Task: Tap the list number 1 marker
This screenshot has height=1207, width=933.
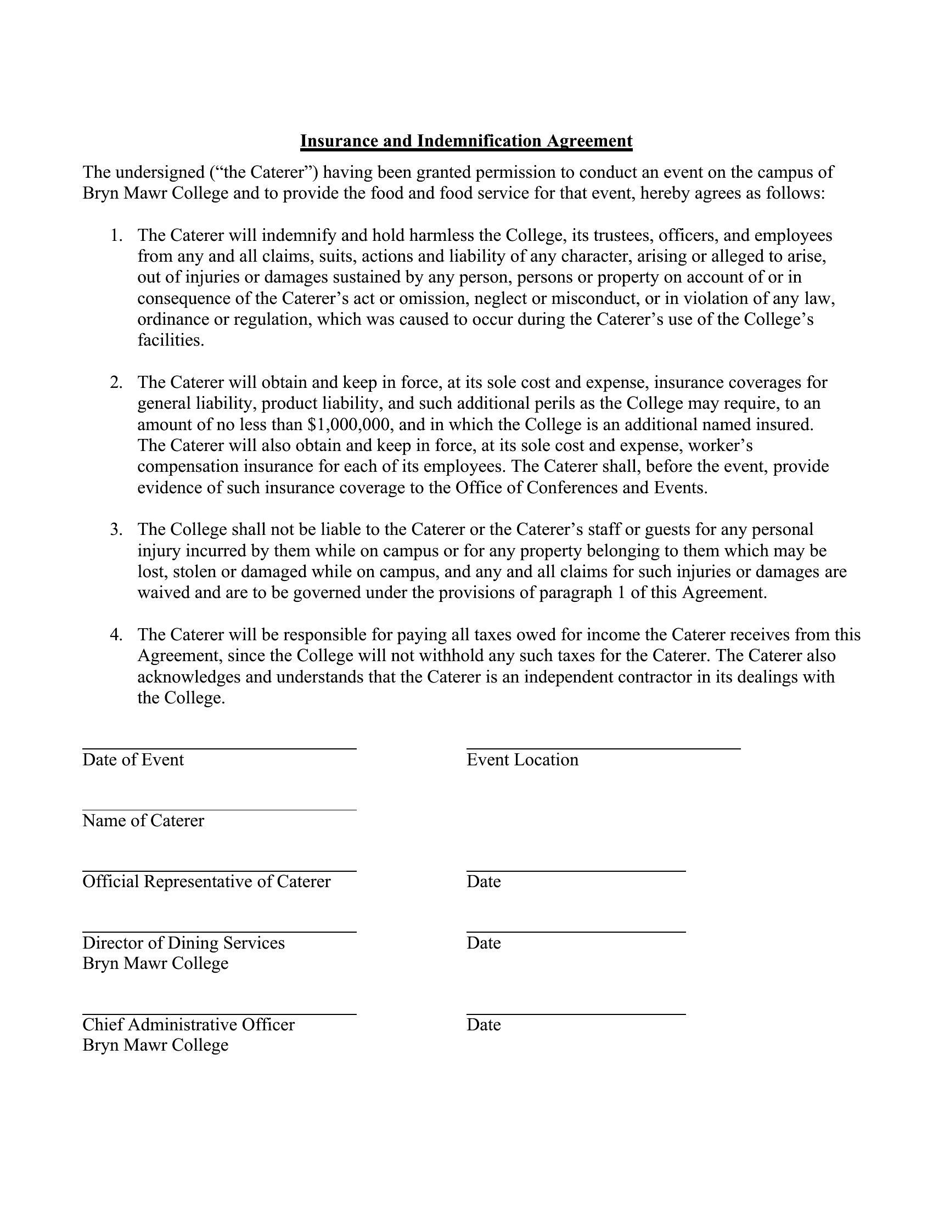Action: point(116,235)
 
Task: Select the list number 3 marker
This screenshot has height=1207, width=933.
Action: point(116,529)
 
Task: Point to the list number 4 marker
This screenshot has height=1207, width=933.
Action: point(116,634)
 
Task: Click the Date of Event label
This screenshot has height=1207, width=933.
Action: point(133,759)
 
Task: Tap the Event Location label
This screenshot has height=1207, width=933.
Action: point(522,759)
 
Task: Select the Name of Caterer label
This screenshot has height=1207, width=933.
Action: point(143,820)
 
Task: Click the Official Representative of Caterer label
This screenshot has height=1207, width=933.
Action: point(206,881)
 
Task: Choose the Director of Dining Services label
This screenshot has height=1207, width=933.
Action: point(183,942)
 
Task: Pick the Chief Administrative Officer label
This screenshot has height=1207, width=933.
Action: point(188,1024)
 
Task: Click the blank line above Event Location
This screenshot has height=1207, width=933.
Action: point(603,748)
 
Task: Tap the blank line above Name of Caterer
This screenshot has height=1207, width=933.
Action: point(220,810)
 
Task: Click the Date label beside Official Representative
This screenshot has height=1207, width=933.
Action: point(484,881)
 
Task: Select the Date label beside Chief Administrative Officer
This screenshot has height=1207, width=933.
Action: point(484,1024)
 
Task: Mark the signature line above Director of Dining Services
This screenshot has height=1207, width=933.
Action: point(220,932)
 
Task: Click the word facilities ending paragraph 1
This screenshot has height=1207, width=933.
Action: point(170,341)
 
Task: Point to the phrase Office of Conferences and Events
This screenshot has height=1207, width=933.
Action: point(580,487)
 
